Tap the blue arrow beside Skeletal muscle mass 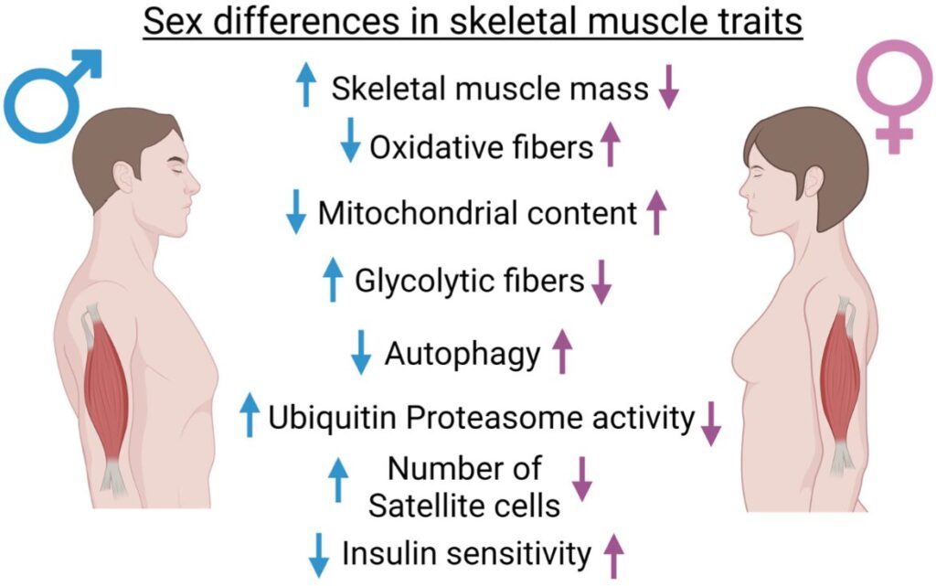tap(305, 87)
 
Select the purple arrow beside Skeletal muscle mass tap(669, 90)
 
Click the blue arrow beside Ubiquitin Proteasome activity tap(249, 415)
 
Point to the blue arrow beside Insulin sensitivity tap(319, 553)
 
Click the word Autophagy tap(463, 354)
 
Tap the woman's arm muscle tap(839, 384)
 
